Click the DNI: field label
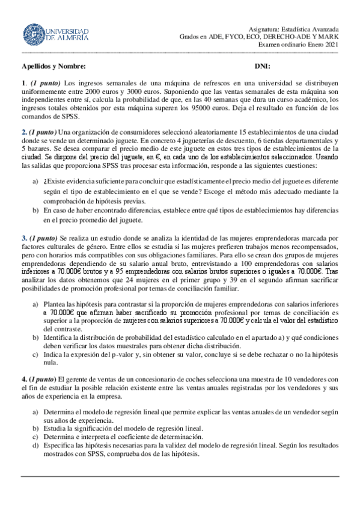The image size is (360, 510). coord(262,66)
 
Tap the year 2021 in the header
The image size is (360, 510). coord(331,44)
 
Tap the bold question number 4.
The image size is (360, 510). coord(24,379)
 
